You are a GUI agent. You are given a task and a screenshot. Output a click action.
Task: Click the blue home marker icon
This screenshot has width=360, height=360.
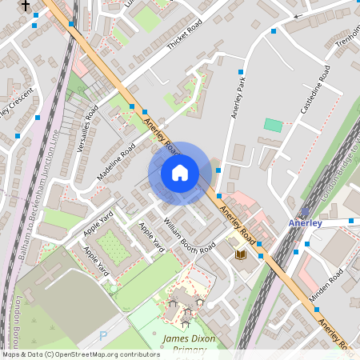tap(180, 173)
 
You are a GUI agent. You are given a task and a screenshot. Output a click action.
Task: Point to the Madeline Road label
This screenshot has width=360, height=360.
tap(117, 162)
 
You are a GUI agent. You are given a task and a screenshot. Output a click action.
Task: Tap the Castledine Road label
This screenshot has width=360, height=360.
tap(314, 94)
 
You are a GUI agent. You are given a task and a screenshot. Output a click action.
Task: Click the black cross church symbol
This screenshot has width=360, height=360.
tap(26, 6)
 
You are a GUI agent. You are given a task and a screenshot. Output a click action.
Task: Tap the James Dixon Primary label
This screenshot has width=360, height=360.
tap(189, 344)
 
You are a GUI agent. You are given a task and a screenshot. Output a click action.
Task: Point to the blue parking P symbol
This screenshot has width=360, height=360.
tap(102, 336)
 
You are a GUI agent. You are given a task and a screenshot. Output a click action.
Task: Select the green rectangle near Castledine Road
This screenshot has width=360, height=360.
tap(274, 126)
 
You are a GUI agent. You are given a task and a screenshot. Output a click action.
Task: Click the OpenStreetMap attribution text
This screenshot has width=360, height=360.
tap(80, 354)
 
